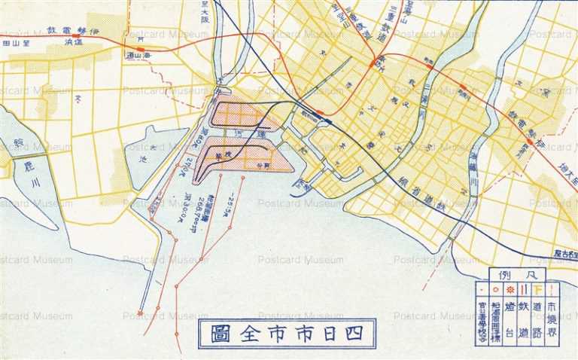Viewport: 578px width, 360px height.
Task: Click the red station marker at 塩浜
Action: click(x=75, y=35)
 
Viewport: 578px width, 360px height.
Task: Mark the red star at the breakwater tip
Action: click(x=140, y=313)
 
